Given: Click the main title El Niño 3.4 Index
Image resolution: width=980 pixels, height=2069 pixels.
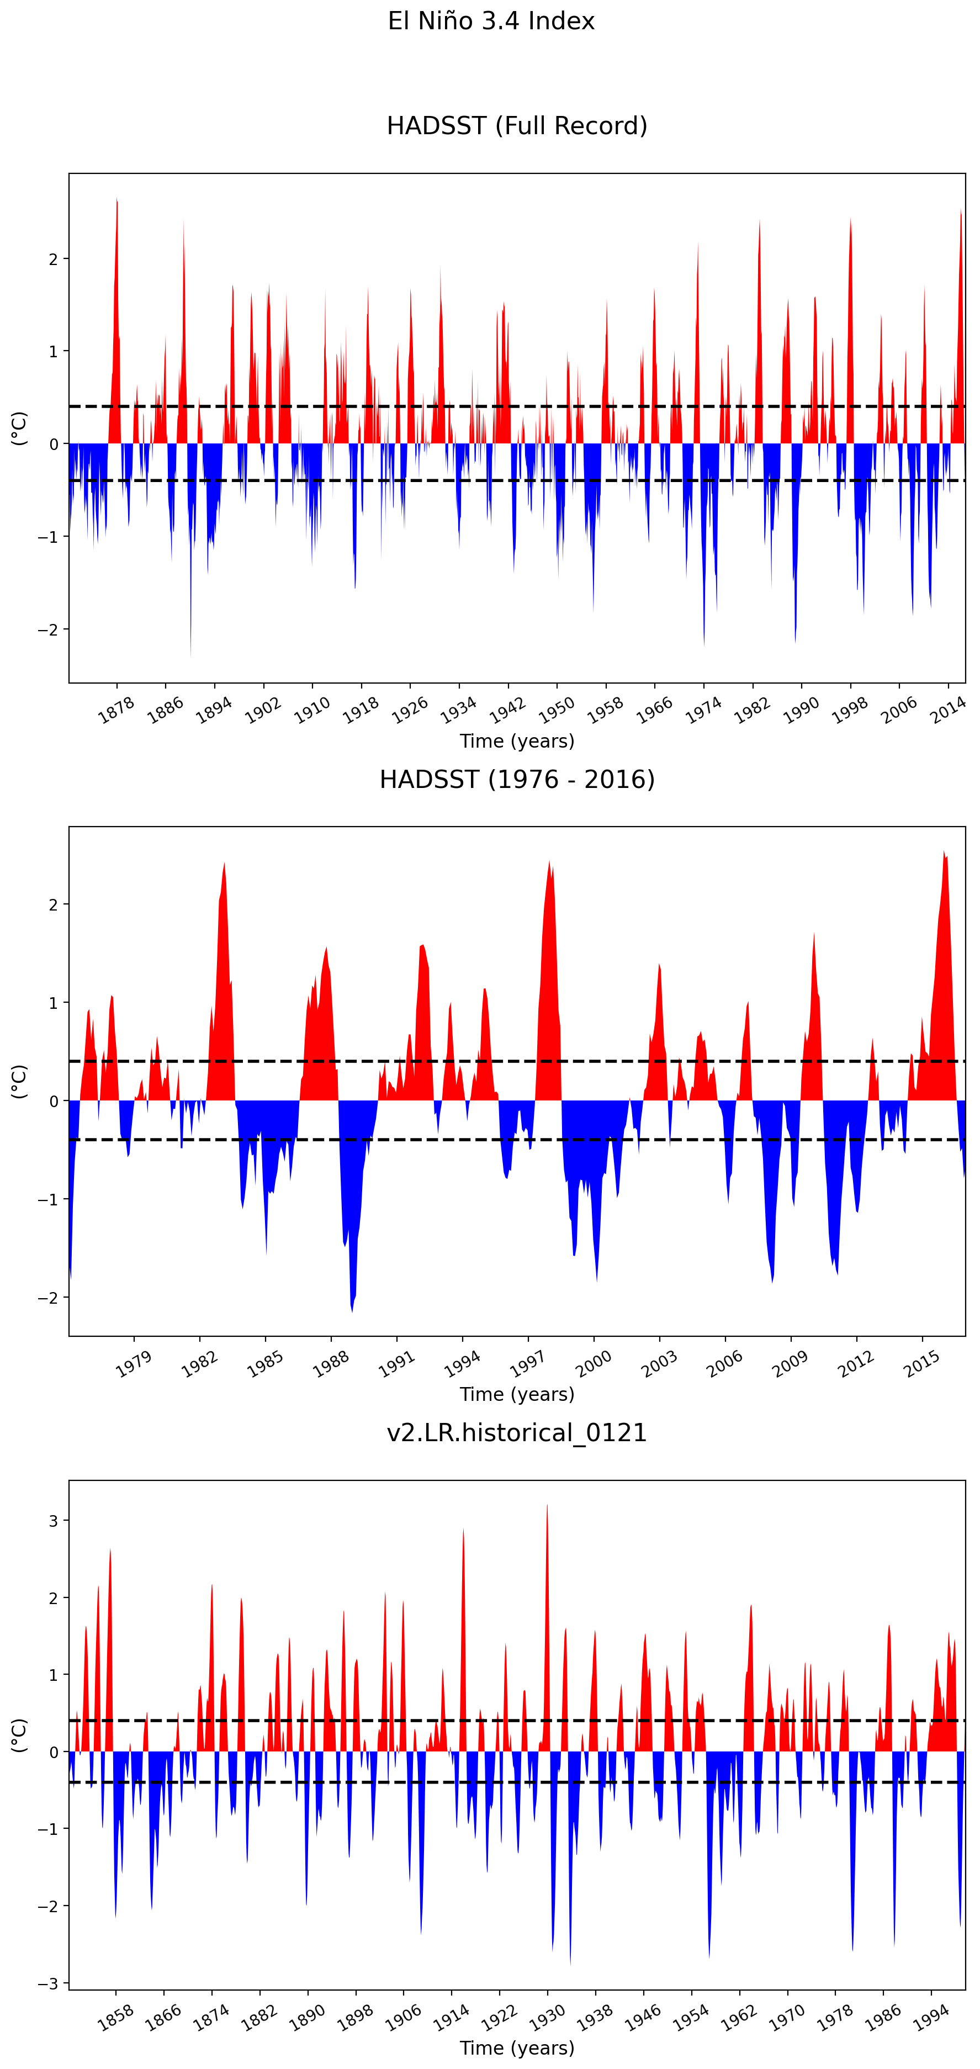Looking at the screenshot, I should [491, 21].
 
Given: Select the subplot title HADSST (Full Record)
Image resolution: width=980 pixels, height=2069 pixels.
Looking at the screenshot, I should [517, 126].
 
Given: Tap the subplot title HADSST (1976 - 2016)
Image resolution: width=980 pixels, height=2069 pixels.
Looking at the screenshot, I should [517, 779].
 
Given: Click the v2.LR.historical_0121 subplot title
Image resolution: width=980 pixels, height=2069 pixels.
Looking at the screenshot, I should [517, 1433].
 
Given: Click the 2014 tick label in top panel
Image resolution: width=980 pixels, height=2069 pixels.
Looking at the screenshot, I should [948, 710].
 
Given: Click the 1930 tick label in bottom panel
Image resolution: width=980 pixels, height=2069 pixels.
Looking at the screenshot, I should [547, 2017].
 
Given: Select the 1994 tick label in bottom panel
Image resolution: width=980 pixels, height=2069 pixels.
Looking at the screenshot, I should [931, 2017].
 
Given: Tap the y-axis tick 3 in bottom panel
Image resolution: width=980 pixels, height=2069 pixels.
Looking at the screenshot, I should [54, 1521].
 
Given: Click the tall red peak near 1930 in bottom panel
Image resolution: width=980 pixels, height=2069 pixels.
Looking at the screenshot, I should [547, 1510].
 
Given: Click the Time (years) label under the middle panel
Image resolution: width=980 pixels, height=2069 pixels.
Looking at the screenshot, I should [517, 1394].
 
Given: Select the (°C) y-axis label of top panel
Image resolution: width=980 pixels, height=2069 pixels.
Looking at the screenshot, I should [19, 428].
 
